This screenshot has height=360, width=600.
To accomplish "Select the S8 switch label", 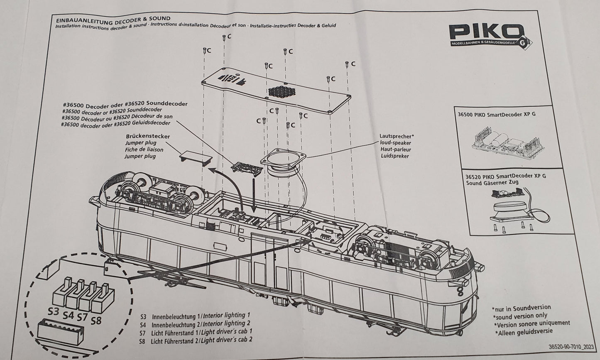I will (96, 321).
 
